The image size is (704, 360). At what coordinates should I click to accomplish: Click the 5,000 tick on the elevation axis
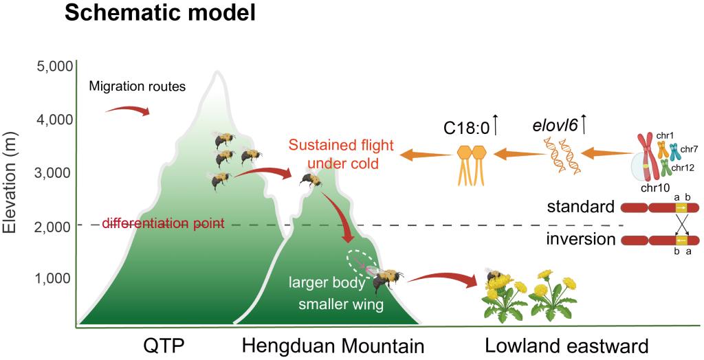tap(53, 67)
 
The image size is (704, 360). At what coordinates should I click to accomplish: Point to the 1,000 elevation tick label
tap(53, 278)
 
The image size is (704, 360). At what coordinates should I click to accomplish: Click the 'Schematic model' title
tap(159, 13)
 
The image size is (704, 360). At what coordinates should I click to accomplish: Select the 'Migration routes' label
tap(137, 87)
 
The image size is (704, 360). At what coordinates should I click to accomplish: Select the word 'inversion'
tap(580, 240)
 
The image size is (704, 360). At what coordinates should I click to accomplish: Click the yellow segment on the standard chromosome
tap(680, 207)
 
